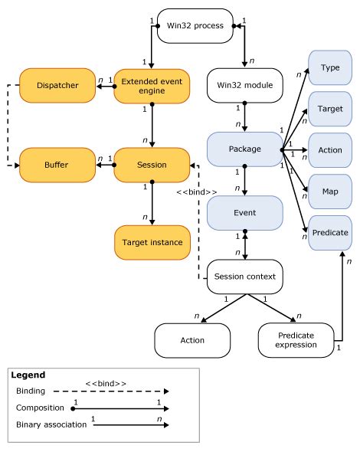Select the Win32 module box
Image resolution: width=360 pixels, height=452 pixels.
(244, 86)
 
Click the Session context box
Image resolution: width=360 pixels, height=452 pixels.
(244, 277)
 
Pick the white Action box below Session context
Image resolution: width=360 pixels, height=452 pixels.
(191, 339)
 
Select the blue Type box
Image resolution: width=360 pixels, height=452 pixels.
(329, 68)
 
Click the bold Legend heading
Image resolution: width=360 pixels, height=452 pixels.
(29, 375)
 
